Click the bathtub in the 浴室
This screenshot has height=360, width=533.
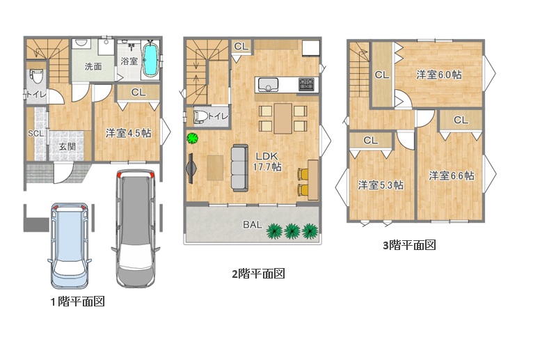click(x=150, y=60)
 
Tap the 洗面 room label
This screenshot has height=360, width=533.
click(x=93, y=66)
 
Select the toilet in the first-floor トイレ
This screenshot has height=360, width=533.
click(x=35, y=76)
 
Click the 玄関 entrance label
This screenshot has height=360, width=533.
click(x=67, y=147)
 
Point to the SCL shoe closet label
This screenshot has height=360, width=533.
click(x=35, y=134)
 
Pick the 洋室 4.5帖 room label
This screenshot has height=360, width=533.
click(x=129, y=133)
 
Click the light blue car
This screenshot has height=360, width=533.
click(x=70, y=246)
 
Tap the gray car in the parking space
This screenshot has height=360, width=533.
click(x=136, y=228)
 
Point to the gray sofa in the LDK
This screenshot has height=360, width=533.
click(x=240, y=168)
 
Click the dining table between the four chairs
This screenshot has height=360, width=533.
click(x=283, y=118)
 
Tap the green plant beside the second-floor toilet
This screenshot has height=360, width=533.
click(x=193, y=139)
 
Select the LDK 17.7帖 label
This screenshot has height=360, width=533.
click(x=267, y=162)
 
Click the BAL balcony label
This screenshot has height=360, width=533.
click(x=253, y=225)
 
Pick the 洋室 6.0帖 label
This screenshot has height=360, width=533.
click(x=439, y=75)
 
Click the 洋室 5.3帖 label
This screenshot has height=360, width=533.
click(x=381, y=185)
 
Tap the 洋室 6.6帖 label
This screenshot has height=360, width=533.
click(x=452, y=175)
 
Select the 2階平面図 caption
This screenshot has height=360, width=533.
click(x=258, y=274)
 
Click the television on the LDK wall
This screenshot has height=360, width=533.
click(x=191, y=169)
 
